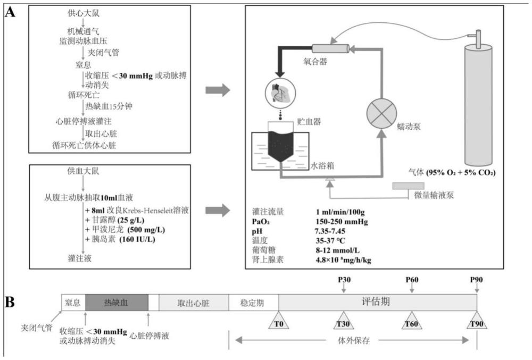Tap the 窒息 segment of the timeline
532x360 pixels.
click(73, 302)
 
